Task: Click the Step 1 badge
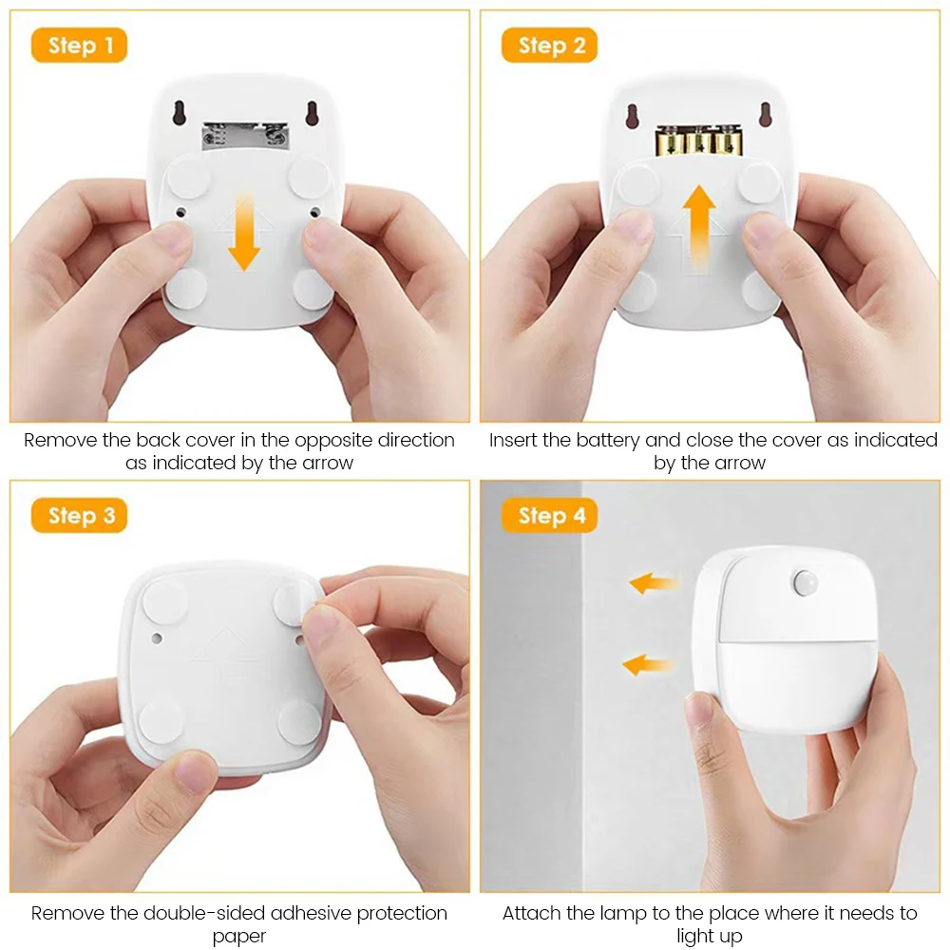pos(79,46)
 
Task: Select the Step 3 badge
pos(79,516)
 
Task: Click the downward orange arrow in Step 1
pos(244,231)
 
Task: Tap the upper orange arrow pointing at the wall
pos(654,582)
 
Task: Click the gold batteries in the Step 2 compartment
pos(698,142)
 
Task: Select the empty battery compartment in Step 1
pos(244,136)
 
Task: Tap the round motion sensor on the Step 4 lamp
pos(806,579)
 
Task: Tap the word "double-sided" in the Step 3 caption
pos(206,913)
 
